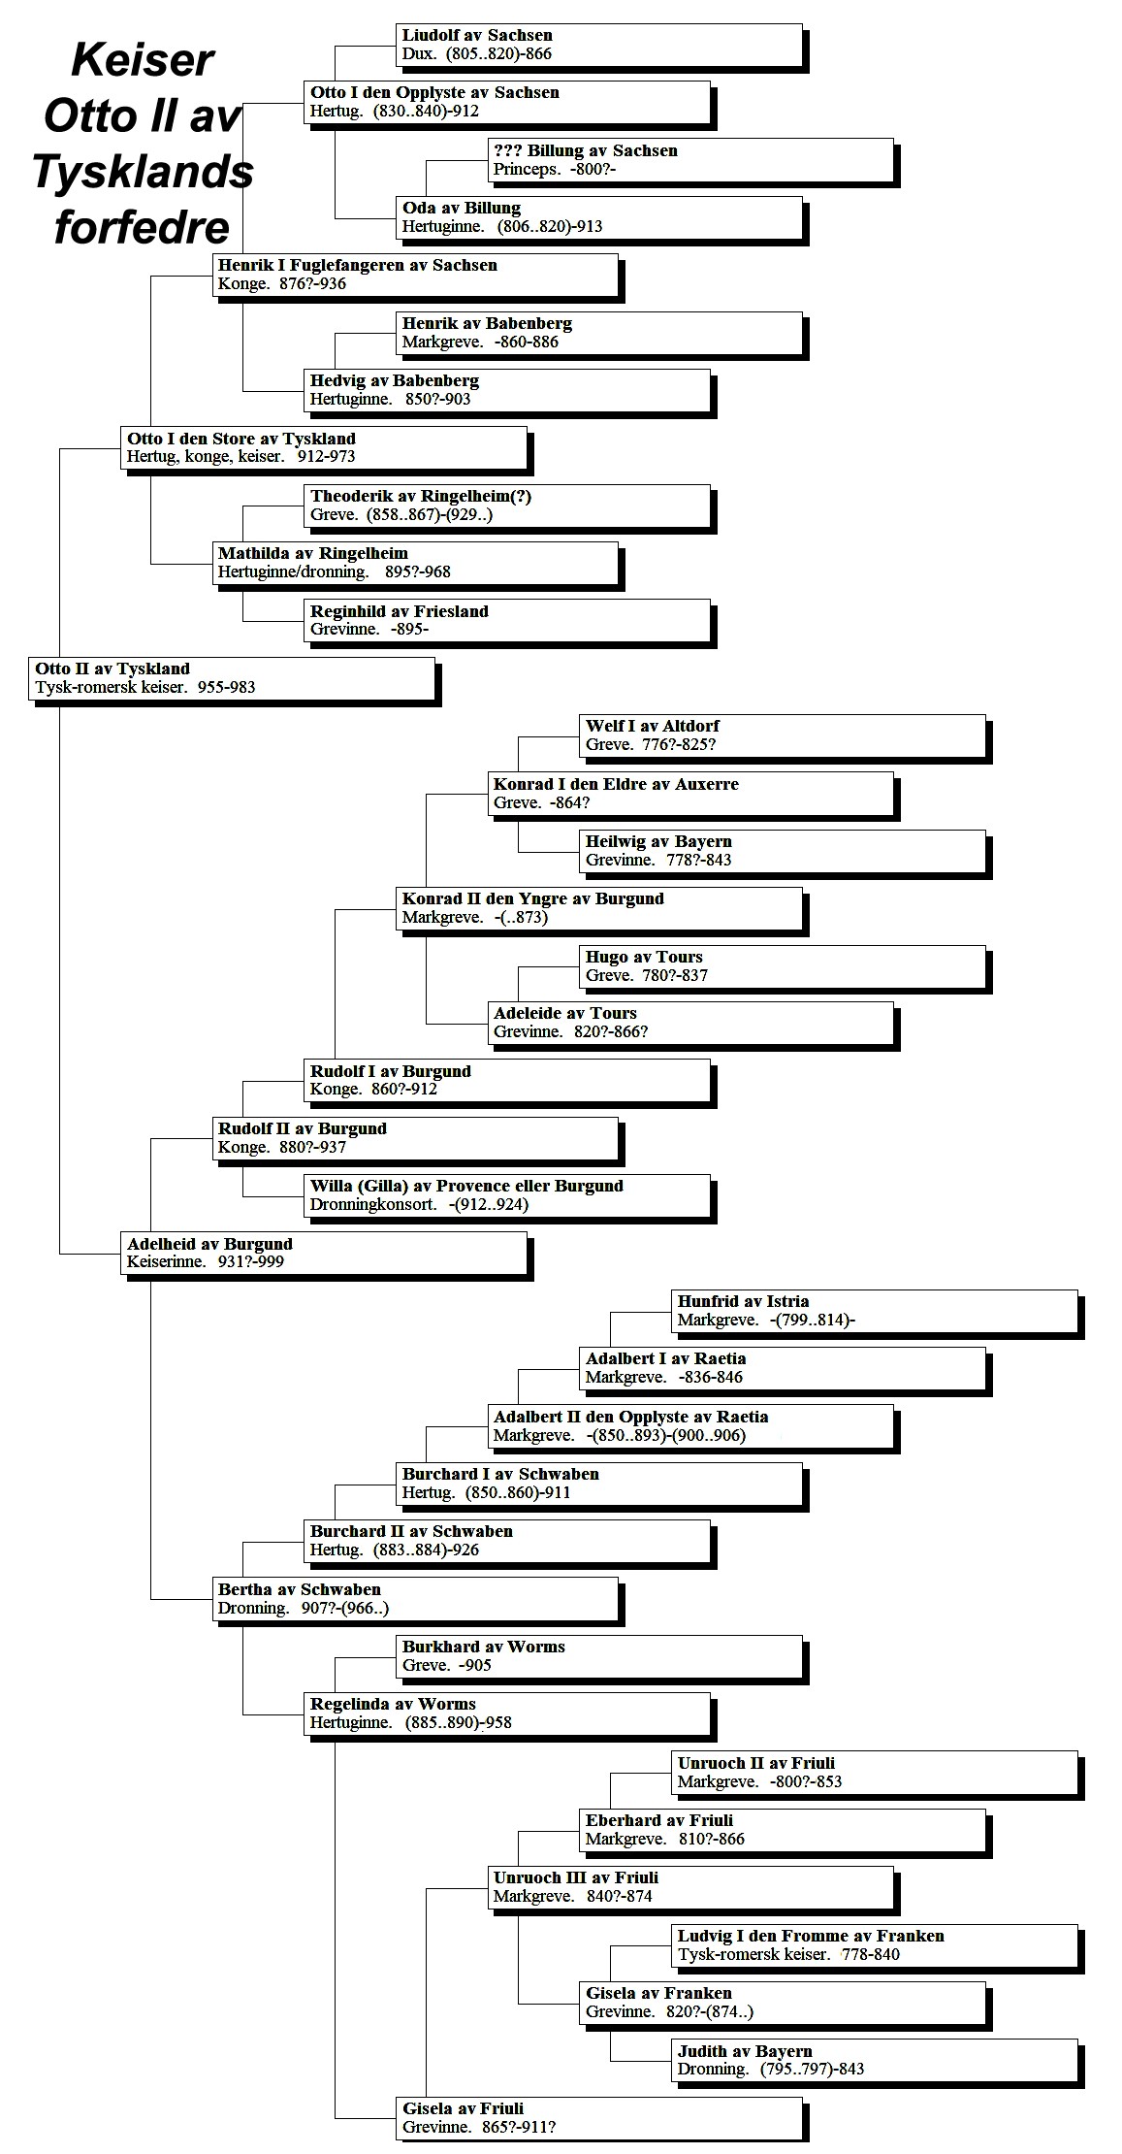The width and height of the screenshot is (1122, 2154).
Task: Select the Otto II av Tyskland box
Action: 235,680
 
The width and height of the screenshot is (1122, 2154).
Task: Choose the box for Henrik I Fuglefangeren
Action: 418,277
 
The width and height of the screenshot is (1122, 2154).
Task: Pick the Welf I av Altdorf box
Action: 785,738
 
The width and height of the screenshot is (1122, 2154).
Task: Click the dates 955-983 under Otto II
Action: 226,688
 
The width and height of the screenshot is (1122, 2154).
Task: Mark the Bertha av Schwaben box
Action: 418,1601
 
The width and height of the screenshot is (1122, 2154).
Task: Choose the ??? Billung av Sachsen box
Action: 693,162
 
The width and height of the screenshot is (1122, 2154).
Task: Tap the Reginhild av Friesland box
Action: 510,623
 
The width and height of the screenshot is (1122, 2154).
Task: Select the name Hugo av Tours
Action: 644,957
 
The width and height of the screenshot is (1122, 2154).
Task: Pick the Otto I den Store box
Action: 327,450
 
